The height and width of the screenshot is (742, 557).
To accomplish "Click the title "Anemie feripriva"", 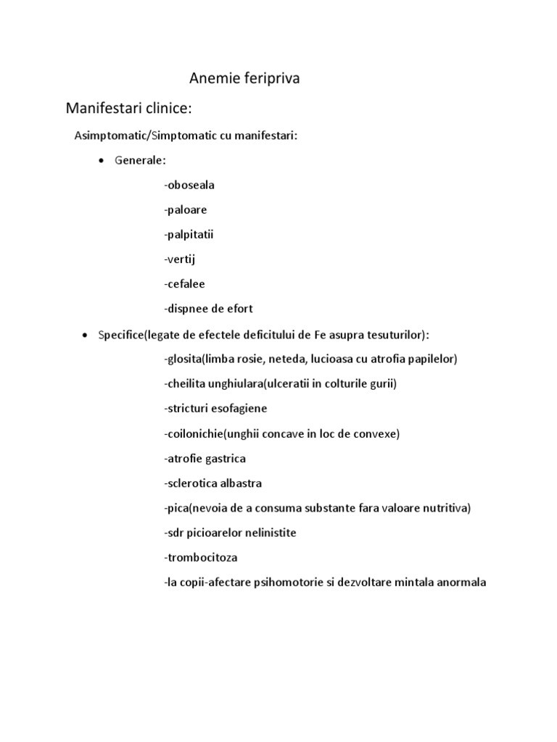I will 244,79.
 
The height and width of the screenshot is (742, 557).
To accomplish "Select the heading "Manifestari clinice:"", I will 128,109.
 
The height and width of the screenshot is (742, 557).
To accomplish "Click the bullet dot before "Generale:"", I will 101,160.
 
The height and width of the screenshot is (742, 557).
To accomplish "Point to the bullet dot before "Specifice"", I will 86,335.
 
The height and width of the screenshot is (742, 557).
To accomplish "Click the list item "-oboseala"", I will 189,185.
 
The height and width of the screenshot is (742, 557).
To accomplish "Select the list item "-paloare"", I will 186,209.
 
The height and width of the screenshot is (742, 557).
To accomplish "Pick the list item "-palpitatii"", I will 189,234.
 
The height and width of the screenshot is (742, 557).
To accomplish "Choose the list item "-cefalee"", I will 185,283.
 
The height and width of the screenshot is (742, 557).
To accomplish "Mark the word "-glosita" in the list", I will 184,359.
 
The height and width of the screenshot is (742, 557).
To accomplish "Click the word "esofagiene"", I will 241,409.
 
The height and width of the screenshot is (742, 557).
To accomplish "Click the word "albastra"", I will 241,483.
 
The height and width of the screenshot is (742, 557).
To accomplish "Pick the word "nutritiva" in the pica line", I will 445,508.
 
